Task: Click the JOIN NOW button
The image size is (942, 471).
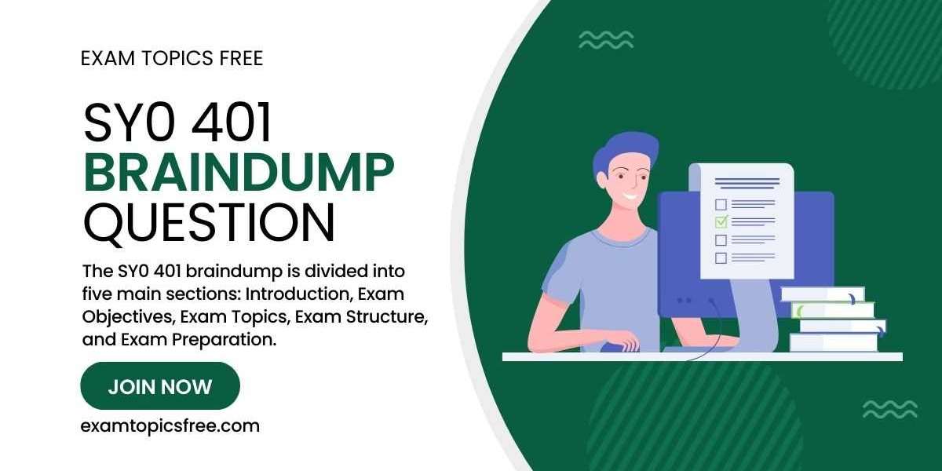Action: (160, 386)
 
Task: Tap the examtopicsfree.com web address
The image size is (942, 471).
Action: (170, 426)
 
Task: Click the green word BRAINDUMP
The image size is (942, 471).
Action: (239, 173)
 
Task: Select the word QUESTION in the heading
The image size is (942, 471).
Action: (209, 222)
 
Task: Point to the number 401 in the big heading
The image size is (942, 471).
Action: (232, 122)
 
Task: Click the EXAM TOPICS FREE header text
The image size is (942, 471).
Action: (172, 58)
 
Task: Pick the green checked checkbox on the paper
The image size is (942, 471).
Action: (721, 221)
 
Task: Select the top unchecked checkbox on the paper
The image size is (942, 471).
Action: (721, 204)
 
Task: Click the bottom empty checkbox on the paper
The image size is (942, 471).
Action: (721, 257)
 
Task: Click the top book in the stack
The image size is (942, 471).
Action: (823, 294)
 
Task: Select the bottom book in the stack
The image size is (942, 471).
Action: (834, 342)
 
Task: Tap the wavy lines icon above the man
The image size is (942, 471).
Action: (606, 40)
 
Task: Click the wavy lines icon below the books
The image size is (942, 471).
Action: (890, 409)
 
